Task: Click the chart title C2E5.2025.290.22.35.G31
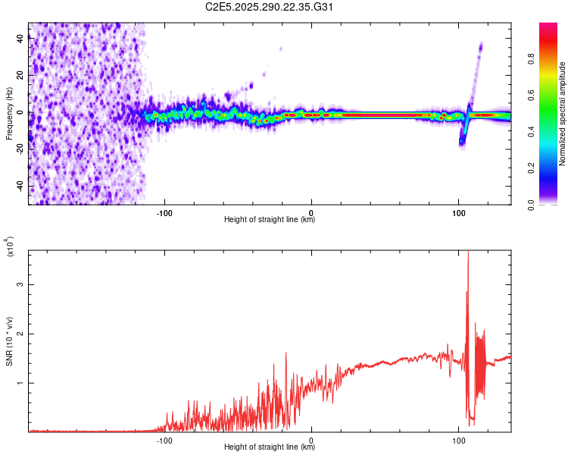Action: tap(270, 8)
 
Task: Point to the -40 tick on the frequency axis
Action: tap(20, 186)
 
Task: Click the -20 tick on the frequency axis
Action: tap(20, 149)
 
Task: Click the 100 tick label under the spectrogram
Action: tap(458, 212)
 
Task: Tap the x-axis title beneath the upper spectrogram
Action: tap(270, 220)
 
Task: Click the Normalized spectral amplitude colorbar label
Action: tap(563, 114)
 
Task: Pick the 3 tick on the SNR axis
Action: tap(21, 284)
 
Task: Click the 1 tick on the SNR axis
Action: tap(21, 383)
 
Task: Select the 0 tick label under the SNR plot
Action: tap(311, 439)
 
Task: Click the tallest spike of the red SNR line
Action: tap(468, 253)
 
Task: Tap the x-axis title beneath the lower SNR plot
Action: tap(270, 447)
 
